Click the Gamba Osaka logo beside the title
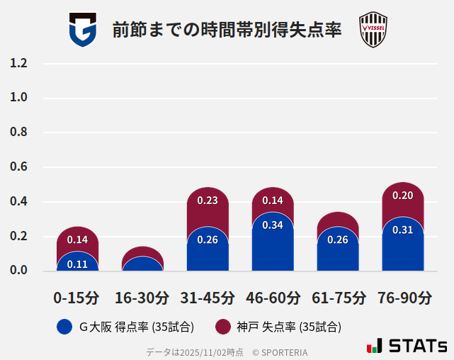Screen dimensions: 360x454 (83, 30)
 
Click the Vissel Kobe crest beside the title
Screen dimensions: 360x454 (373, 30)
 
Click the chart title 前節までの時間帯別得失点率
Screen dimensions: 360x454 (227, 30)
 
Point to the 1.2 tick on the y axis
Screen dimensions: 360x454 (18, 64)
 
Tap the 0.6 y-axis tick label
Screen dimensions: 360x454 (18, 167)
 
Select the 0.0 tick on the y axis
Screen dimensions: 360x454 (18, 271)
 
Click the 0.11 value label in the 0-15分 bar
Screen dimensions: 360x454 (77, 264)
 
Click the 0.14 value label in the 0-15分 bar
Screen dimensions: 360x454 (77, 240)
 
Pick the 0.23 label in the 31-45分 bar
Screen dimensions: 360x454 (208, 201)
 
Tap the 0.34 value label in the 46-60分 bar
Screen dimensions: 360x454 (273, 225)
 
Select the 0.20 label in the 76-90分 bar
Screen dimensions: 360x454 (402, 196)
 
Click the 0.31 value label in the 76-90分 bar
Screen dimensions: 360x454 (402, 230)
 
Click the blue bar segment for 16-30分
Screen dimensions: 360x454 (142, 264)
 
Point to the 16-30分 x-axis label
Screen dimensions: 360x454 (142, 298)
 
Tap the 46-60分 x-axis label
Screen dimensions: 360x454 (273, 298)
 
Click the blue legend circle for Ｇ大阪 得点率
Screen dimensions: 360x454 (64, 327)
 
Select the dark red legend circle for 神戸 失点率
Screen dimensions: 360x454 (223, 327)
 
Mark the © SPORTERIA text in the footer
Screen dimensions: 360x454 (280, 352)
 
